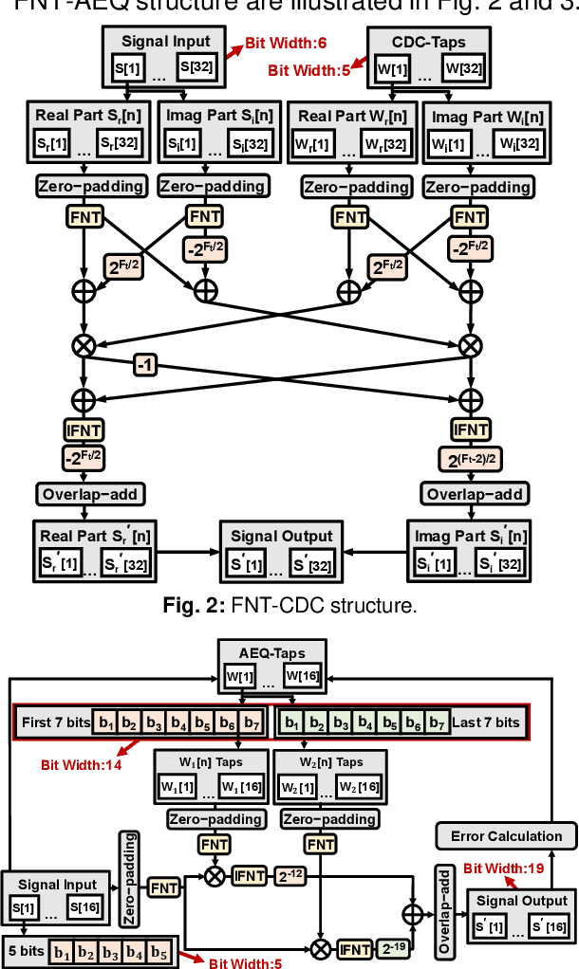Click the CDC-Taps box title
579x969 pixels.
429,41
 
